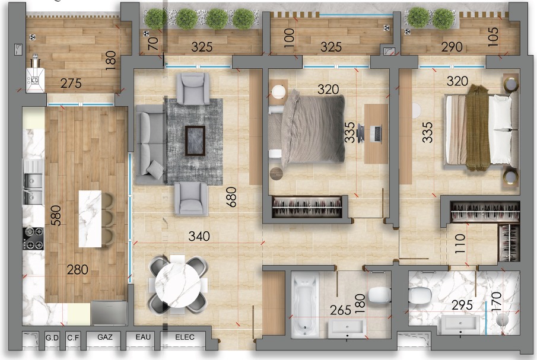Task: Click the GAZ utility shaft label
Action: click(x=105, y=337)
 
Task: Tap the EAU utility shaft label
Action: click(x=143, y=337)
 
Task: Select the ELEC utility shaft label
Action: click(x=185, y=337)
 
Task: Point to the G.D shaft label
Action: click(x=52, y=337)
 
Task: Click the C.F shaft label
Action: click(x=73, y=337)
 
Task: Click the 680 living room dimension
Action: click(x=231, y=197)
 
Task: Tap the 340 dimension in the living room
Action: click(x=199, y=236)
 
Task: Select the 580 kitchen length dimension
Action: click(x=56, y=216)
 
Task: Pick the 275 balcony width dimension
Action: click(x=71, y=83)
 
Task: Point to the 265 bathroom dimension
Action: click(x=341, y=310)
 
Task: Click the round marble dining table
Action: click(x=178, y=284)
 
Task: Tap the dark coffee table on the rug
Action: click(x=195, y=141)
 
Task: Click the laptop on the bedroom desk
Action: click(x=377, y=133)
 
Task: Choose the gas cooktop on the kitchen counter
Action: click(x=34, y=238)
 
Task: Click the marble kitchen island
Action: click(x=90, y=219)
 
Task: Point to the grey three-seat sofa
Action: click(x=151, y=144)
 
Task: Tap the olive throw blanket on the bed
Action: click(x=478, y=128)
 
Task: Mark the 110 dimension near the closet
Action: click(x=460, y=244)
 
